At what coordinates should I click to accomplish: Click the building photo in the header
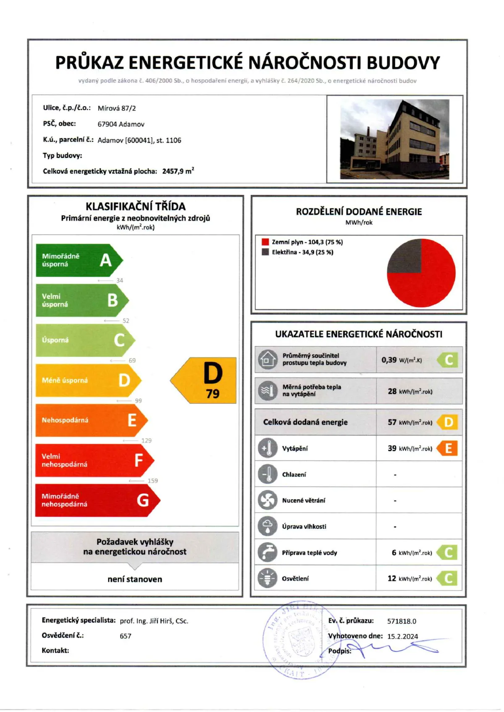tap(394, 139)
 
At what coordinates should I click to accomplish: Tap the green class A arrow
tap(78, 260)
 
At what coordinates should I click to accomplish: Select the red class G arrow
tap(97, 500)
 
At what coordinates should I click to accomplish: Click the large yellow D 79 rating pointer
tap(206, 380)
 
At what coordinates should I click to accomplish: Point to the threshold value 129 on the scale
tap(147, 440)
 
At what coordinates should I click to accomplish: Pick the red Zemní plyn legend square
tap(265, 242)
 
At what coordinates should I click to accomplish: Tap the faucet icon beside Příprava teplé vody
tap(268, 552)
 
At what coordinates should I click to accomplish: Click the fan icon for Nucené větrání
tap(268, 500)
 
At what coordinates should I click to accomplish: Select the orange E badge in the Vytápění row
tap(447, 448)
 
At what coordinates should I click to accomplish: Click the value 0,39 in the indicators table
tap(389, 360)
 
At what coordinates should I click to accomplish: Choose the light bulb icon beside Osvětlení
tap(268, 578)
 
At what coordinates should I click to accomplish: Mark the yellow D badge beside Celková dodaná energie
tap(448, 422)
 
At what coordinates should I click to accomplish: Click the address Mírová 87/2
tap(117, 108)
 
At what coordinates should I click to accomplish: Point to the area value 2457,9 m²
tap(178, 171)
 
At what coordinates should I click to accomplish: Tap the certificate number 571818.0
tap(402, 621)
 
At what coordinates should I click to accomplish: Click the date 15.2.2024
tap(402, 636)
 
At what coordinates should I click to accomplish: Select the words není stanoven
tap(135, 579)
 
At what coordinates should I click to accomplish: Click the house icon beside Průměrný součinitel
tap(268, 359)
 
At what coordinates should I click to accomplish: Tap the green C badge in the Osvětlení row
tap(447, 578)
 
